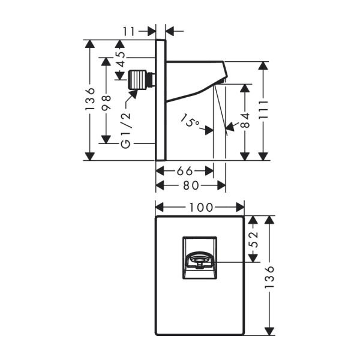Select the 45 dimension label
pos(121,58)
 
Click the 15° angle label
pos(190,123)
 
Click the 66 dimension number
pos(184,170)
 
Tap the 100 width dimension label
pos(200,208)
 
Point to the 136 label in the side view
pos(91,99)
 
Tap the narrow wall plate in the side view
pos(160,100)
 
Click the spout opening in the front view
pos(199,261)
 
